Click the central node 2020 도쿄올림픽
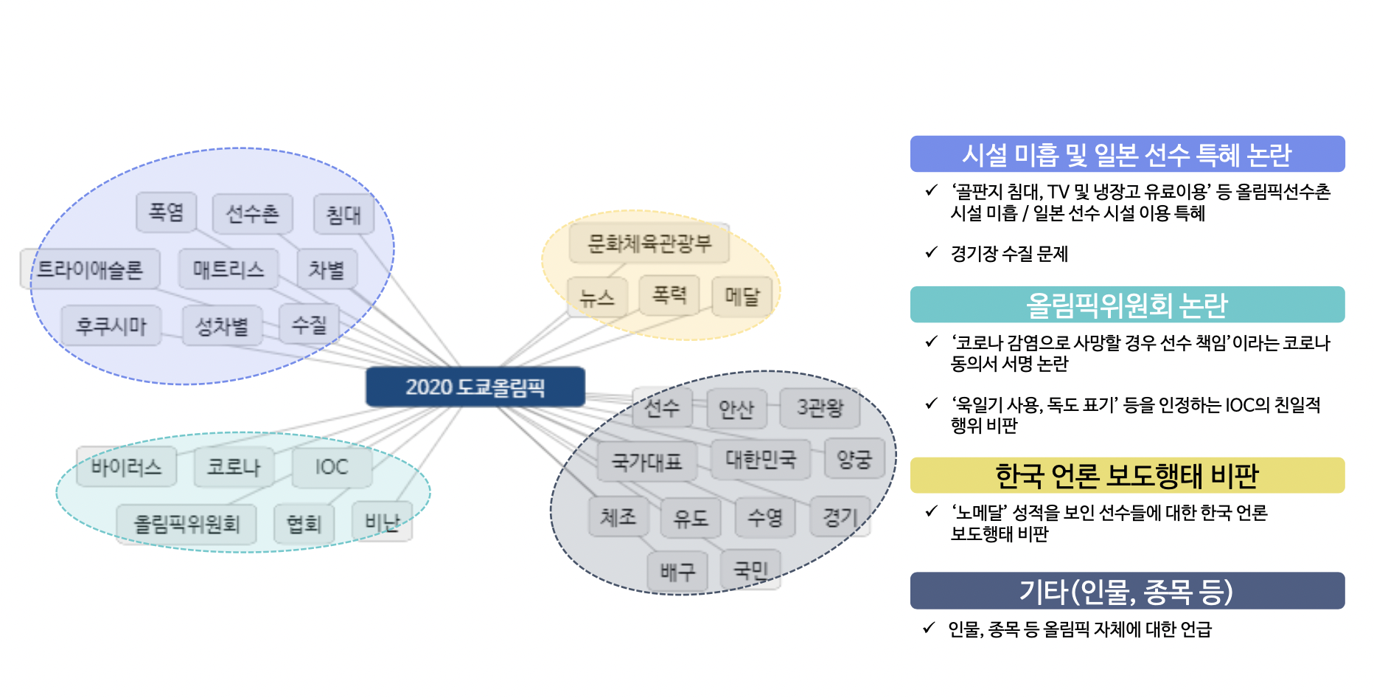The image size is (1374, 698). pyautogui.click(x=475, y=387)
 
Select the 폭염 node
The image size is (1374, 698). pyautogui.click(x=167, y=212)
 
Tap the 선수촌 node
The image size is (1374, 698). pyautogui.click(x=252, y=214)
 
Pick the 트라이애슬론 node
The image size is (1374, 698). pyautogui.click(x=90, y=269)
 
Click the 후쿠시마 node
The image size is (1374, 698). pyautogui.click(x=111, y=325)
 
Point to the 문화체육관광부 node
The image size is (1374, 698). pyautogui.click(x=649, y=243)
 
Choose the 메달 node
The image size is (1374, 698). pyautogui.click(x=742, y=297)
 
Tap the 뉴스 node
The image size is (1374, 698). pyautogui.click(x=597, y=297)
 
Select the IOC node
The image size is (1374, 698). pyautogui.click(x=332, y=467)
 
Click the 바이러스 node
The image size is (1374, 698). pyautogui.click(x=127, y=466)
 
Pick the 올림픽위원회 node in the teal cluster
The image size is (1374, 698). pyautogui.click(x=186, y=524)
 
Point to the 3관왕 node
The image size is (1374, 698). pyautogui.click(x=820, y=408)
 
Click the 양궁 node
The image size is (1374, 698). pyautogui.click(x=854, y=460)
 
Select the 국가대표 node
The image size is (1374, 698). pyautogui.click(x=647, y=462)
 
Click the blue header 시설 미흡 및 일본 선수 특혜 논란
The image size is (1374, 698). pyautogui.click(x=1127, y=154)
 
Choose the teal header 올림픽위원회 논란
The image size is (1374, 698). pyautogui.click(x=1127, y=305)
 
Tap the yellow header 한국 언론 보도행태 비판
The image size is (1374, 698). pyautogui.click(x=1127, y=475)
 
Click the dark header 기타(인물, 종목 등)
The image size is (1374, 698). pyautogui.click(x=1127, y=591)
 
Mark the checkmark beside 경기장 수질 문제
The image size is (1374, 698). pyautogui.click(x=932, y=252)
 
